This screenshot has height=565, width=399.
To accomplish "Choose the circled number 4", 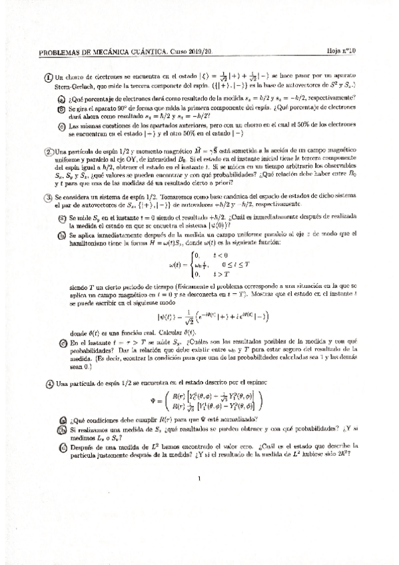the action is pos(49,383).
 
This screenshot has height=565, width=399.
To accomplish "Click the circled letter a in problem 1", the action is pos(61,97).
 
